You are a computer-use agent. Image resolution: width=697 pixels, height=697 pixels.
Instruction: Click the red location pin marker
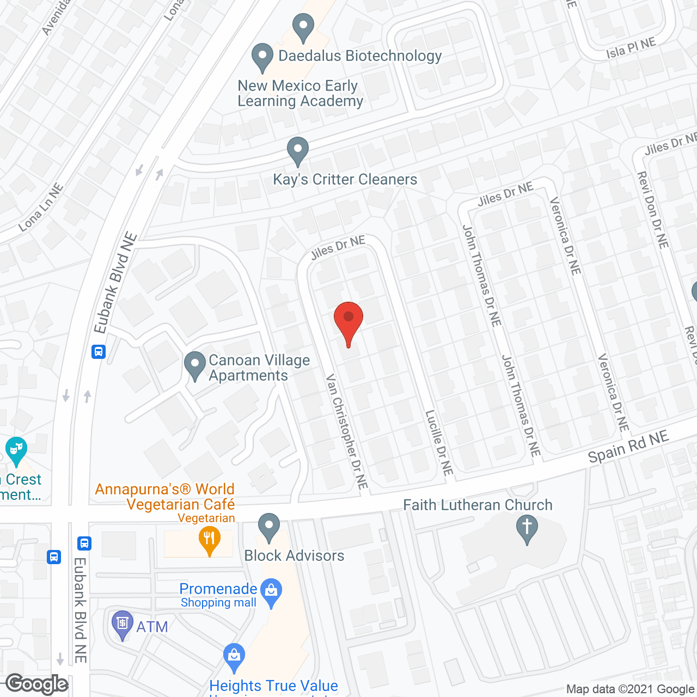348,319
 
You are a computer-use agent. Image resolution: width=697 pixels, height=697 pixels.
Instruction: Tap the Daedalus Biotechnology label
359,56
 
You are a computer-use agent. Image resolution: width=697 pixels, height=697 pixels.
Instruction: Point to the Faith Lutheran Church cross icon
527,529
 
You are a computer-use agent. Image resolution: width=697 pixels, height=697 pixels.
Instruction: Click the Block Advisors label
294,555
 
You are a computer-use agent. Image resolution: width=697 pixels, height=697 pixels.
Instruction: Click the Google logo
37,684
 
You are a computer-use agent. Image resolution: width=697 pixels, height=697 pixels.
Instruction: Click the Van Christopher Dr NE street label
347,431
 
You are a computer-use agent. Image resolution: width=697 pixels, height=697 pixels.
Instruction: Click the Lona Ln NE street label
41,207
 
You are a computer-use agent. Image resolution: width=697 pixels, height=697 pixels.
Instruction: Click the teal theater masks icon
16,450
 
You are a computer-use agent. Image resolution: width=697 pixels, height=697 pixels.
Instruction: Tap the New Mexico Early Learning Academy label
300,94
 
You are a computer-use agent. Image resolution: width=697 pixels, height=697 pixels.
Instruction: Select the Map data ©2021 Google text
630,689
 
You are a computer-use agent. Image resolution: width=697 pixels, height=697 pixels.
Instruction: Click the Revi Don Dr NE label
652,210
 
